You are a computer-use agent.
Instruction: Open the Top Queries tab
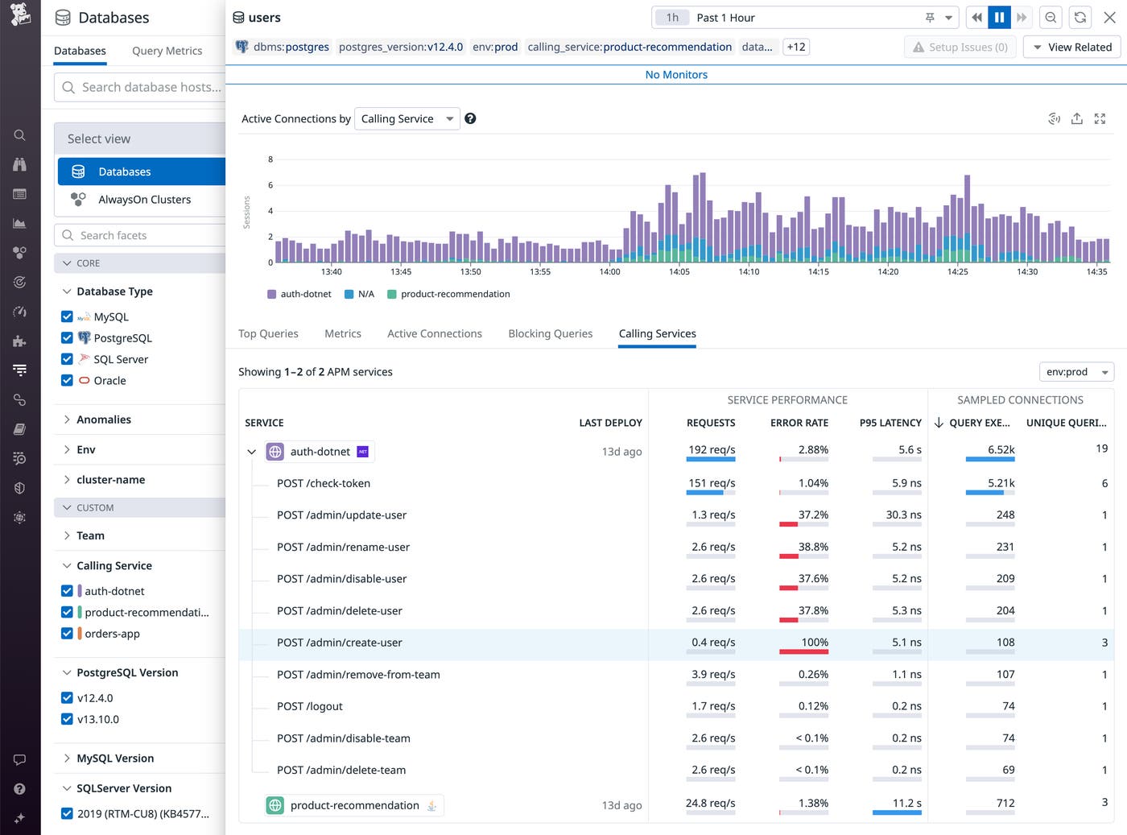coord(268,333)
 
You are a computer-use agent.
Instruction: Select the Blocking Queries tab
coord(550,333)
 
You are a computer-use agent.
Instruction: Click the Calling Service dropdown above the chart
coord(407,118)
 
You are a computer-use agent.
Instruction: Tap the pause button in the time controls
coord(999,18)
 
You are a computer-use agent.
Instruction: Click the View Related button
coord(1071,48)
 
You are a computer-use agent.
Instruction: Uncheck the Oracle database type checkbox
coord(67,381)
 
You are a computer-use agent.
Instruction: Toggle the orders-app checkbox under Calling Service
coord(67,634)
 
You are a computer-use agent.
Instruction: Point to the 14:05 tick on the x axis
coord(679,271)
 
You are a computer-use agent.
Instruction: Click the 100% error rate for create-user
coord(814,643)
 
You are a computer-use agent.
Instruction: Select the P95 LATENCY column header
coord(890,423)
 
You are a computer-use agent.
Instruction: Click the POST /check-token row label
coord(324,483)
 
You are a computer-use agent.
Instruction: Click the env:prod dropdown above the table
coord(1076,372)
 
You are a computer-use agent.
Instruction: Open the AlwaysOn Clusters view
coord(144,200)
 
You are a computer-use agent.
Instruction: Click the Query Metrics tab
coord(167,51)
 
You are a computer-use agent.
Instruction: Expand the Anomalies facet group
coord(104,420)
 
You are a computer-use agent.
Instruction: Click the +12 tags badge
coord(795,47)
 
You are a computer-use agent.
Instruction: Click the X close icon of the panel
coord(1109,18)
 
